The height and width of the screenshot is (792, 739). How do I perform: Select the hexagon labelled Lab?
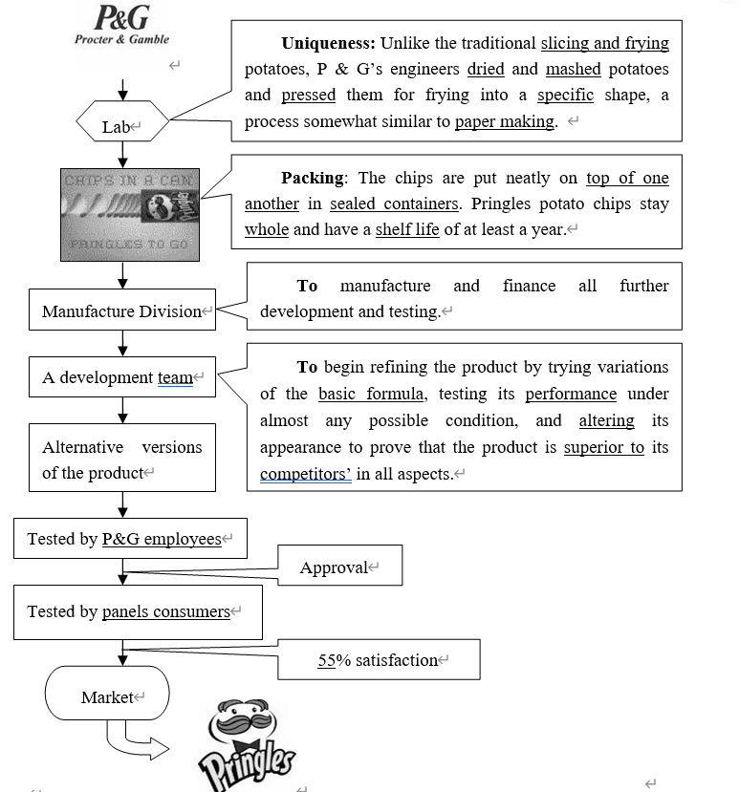click(121, 126)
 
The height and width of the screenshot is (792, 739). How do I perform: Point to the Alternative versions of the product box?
click(122, 460)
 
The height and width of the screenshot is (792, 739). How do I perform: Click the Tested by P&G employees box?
click(130, 539)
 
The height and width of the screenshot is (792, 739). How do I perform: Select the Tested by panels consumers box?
click(138, 611)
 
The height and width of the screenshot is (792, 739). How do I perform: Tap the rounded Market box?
click(107, 696)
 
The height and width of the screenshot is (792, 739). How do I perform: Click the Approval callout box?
click(339, 567)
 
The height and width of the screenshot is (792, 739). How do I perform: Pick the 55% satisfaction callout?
click(379, 660)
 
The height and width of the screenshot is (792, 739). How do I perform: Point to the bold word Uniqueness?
click(329, 43)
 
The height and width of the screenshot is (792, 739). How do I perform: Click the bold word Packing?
click(313, 178)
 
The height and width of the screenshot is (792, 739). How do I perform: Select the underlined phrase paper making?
click(505, 121)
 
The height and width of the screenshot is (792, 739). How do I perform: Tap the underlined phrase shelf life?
click(407, 229)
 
